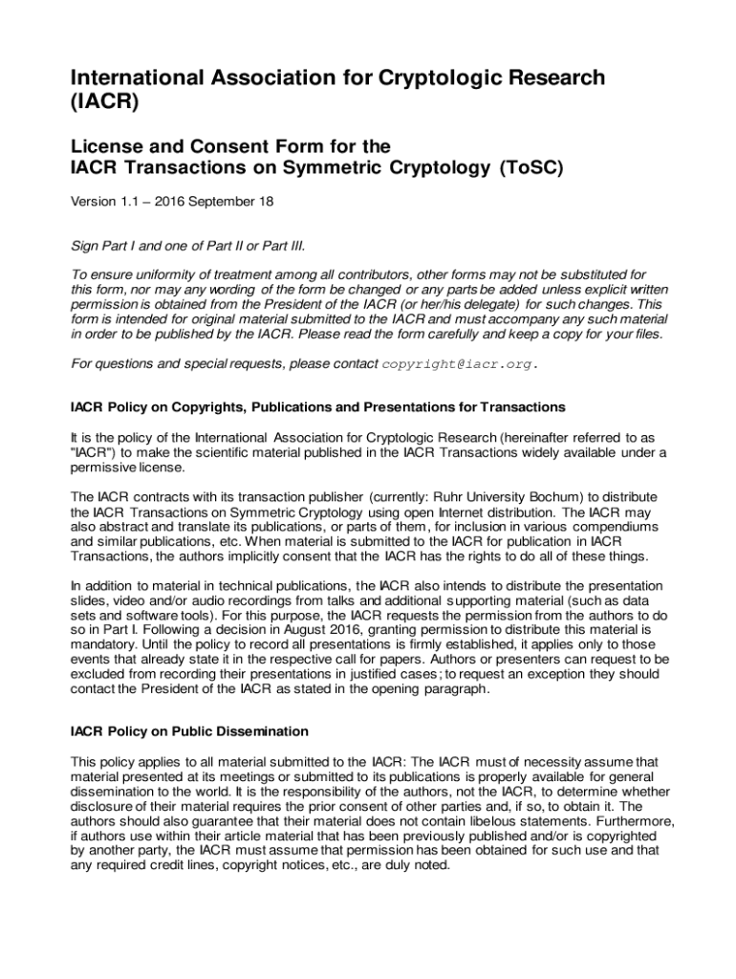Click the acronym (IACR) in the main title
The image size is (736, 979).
click(105, 103)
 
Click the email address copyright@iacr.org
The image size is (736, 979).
click(459, 364)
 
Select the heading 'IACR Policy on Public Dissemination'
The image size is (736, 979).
click(189, 731)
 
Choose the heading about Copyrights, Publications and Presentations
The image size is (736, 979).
click(318, 407)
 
